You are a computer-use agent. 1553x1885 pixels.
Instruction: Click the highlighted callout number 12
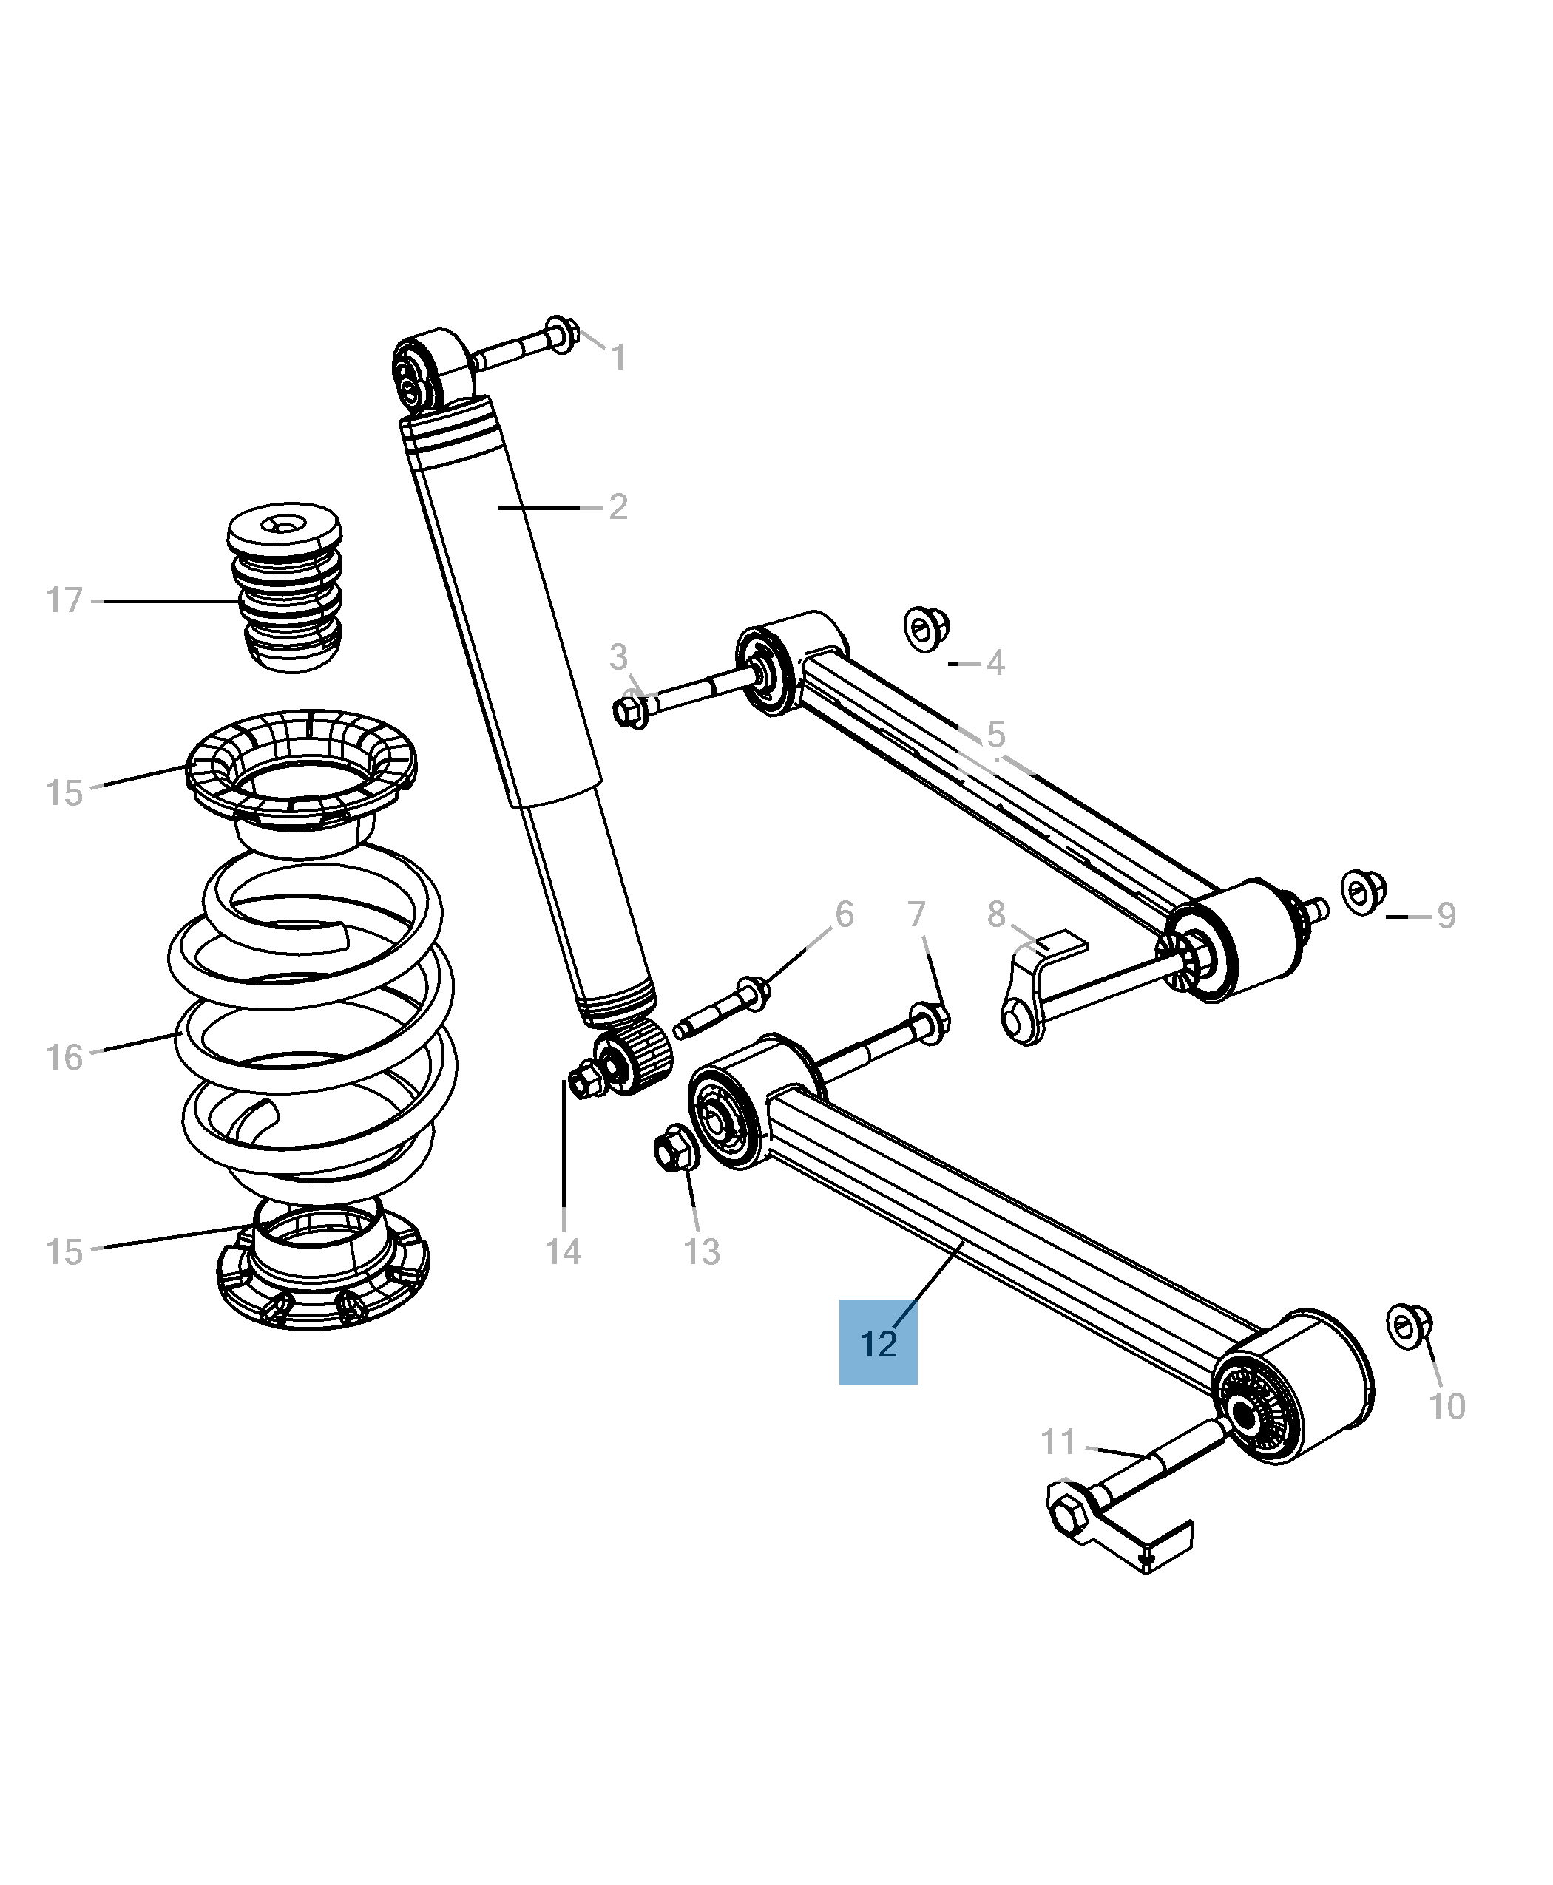pyautogui.click(x=878, y=1344)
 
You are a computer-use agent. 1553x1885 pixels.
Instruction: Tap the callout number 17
pyautogui.click(x=64, y=600)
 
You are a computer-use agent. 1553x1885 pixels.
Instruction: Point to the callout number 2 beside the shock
pyautogui.click(x=618, y=507)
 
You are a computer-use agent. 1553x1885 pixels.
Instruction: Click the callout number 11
pyautogui.click(x=1058, y=1442)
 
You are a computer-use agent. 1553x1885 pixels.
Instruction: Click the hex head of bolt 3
pyautogui.click(x=630, y=713)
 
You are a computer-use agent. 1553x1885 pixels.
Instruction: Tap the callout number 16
pyautogui.click(x=64, y=1058)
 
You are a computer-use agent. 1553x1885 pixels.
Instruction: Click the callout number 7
pyautogui.click(x=916, y=915)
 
